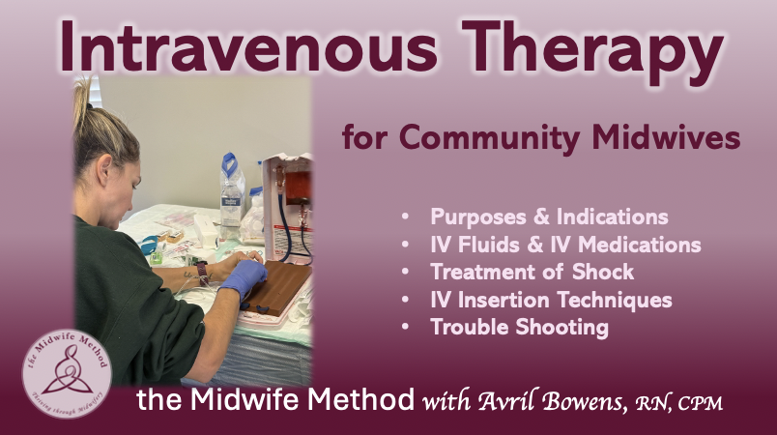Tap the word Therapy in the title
pyautogui.click(x=591, y=51)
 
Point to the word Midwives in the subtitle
pyautogui.click(x=666, y=136)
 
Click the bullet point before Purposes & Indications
pyautogui.click(x=405, y=217)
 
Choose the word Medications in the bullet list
pyautogui.click(x=639, y=245)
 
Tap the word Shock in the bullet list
pyautogui.click(x=603, y=272)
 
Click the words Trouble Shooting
pyautogui.click(x=519, y=328)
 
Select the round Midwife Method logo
pyautogui.click(x=67, y=373)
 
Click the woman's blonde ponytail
pyautogui.click(x=83, y=105)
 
